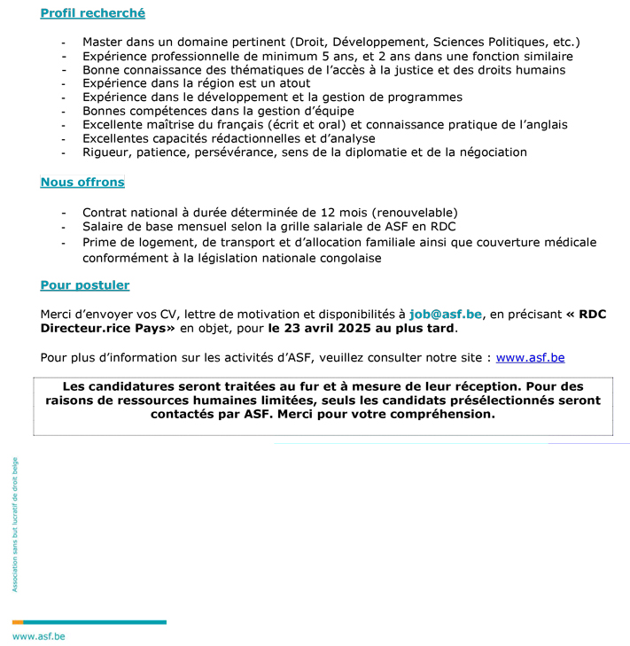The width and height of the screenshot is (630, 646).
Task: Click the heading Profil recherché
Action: [x=92, y=13]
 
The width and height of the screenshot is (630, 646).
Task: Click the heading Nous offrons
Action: [x=82, y=183]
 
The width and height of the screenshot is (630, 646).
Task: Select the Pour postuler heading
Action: [x=85, y=285]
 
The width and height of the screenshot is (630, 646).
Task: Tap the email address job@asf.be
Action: [x=446, y=314]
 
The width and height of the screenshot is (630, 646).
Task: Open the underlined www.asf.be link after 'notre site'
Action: [x=530, y=358]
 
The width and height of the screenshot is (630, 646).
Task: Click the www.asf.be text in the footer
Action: [x=38, y=636]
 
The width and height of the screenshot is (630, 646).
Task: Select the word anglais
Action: [x=542, y=125]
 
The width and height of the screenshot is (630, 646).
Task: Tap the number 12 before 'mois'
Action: [x=315, y=213]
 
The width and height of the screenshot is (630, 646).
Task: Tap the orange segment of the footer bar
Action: [x=18, y=622]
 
